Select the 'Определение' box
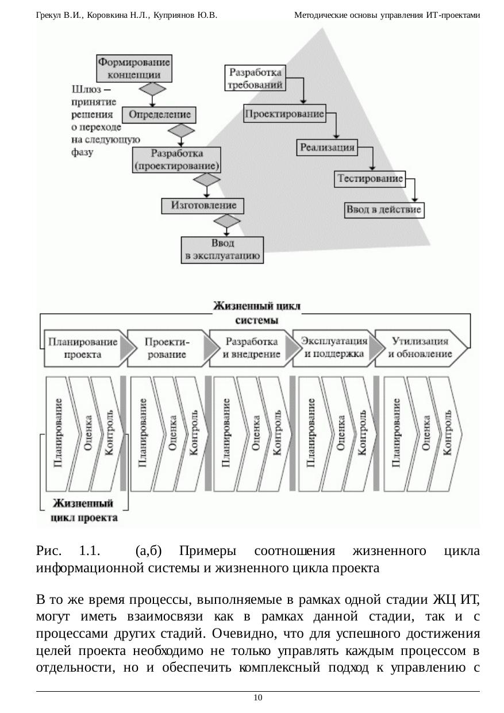point(159,115)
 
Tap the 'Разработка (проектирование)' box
point(176,160)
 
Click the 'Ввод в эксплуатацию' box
point(222,250)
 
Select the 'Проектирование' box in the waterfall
point(284,114)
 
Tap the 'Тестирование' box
point(370,179)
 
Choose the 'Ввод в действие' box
point(384,210)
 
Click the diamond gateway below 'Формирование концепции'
point(153,90)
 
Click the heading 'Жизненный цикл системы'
point(256,312)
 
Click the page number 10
point(258,697)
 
